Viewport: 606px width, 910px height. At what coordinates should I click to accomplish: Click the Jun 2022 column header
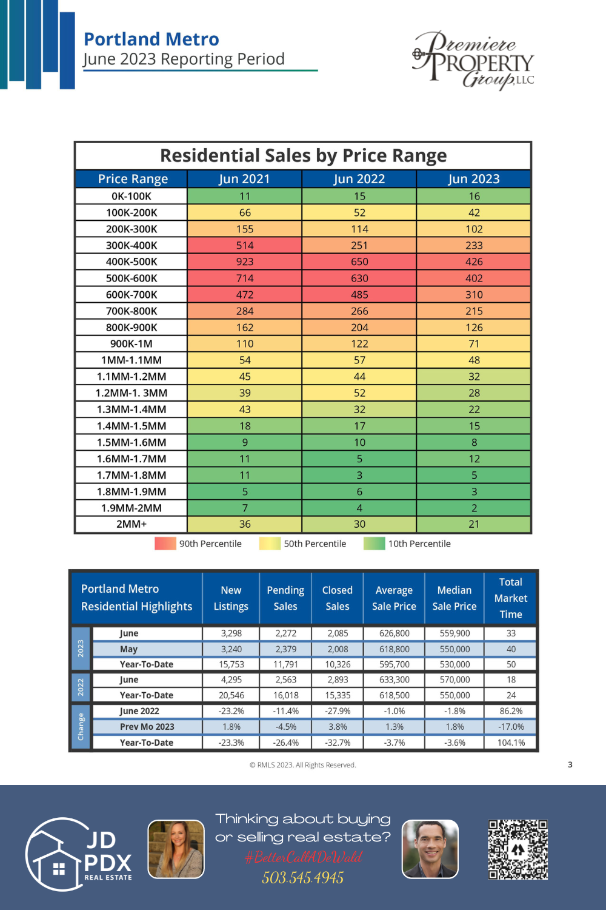click(359, 179)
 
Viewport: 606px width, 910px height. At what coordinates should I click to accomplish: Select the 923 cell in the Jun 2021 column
click(244, 262)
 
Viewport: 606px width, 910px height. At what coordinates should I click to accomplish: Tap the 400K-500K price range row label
click(132, 262)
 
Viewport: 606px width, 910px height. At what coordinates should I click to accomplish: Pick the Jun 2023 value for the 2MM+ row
click(474, 524)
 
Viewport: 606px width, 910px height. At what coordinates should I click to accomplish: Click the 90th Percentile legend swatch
click(165, 544)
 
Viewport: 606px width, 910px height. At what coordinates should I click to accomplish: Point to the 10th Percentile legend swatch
click(374, 544)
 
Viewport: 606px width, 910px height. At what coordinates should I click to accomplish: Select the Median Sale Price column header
click(454, 598)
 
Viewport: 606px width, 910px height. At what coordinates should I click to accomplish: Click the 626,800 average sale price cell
click(395, 633)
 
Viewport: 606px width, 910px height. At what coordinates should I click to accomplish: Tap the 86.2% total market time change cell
click(511, 711)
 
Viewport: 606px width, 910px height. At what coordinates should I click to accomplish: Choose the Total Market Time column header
click(511, 598)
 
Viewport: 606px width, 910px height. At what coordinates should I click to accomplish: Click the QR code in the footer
click(518, 849)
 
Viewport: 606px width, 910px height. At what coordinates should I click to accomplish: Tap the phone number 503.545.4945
click(302, 878)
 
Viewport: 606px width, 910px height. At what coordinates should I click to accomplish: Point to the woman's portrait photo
click(176, 849)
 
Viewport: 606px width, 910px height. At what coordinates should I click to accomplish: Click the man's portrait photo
click(430, 849)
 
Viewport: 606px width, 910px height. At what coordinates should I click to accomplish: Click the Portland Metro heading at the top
click(151, 39)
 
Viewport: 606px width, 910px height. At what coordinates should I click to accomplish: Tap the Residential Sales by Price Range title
click(303, 156)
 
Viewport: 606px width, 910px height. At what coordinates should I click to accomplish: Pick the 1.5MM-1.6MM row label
click(132, 442)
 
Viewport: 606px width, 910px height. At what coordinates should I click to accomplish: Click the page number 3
click(570, 764)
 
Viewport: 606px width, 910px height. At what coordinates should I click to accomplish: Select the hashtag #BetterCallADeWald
click(303, 857)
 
